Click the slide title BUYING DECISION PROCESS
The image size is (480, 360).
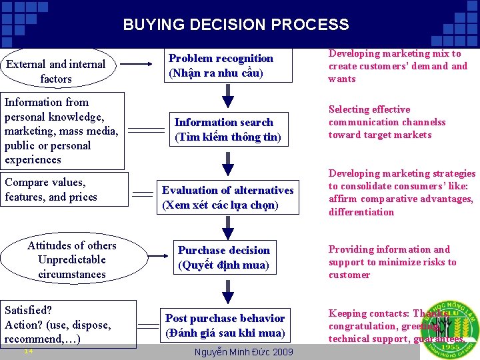pyautogui.click(x=235, y=25)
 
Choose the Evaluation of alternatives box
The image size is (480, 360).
pyautogui.click(x=227, y=197)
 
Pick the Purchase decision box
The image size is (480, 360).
pyautogui.click(x=223, y=257)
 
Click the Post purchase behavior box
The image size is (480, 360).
pyautogui.click(x=225, y=325)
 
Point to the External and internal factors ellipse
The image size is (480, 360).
pyautogui.click(x=56, y=71)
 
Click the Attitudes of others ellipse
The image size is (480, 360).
pyautogui.click(x=71, y=259)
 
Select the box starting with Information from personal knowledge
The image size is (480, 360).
pyautogui.click(x=61, y=131)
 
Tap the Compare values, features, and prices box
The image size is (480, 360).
pyautogui.click(x=61, y=190)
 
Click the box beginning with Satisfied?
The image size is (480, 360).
pyautogui.click(x=67, y=324)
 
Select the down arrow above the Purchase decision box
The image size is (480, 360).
pyautogui.click(x=228, y=227)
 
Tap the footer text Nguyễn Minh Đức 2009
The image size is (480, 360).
pyautogui.click(x=243, y=351)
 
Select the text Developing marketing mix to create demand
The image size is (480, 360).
pyautogui.click(x=397, y=66)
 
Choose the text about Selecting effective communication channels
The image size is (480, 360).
pyautogui.click(x=387, y=122)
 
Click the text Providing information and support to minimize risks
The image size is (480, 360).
pyautogui.click(x=392, y=262)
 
